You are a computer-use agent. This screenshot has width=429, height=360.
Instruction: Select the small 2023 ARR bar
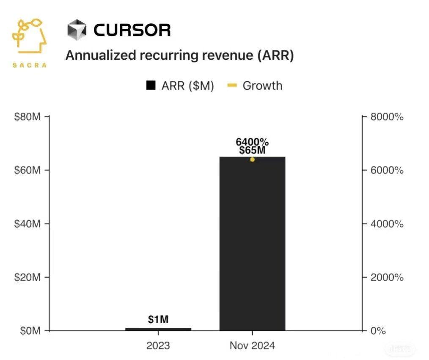click(158, 329)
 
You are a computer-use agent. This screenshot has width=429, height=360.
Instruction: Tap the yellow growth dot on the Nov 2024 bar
click(252, 159)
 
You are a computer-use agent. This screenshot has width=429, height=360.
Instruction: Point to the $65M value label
click(252, 151)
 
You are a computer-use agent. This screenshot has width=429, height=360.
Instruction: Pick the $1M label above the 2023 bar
click(158, 320)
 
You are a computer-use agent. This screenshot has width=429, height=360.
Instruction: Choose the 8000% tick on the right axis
click(387, 116)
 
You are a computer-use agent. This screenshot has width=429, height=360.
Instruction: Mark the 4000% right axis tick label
click(387, 224)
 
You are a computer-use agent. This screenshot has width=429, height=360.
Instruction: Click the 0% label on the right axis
click(378, 331)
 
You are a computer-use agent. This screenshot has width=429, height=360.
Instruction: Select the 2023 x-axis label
click(158, 346)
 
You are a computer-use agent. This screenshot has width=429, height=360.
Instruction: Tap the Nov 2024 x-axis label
click(252, 346)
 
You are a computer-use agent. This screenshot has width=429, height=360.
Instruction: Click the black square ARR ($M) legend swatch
click(151, 86)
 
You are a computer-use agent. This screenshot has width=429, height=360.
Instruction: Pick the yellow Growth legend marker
click(232, 86)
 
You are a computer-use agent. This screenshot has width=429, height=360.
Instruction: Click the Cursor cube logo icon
click(77, 30)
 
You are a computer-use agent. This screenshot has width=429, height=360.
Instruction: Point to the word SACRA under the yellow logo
click(30, 65)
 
